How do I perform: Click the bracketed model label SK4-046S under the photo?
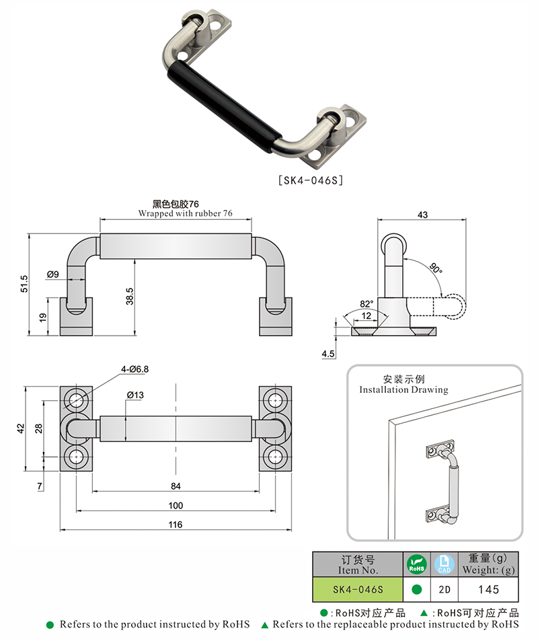(x=311, y=180)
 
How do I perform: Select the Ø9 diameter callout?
(x=53, y=274)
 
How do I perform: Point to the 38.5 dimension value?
(x=130, y=295)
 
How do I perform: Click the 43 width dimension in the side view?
(x=422, y=215)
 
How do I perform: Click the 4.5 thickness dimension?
(x=328, y=352)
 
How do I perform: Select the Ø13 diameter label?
(x=134, y=396)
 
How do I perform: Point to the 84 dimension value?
(x=176, y=486)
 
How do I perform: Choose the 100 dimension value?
(x=176, y=504)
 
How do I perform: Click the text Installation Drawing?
(x=403, y=389)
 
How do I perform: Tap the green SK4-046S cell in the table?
(x=358, y=589)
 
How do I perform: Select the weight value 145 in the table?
(x=488, y=589)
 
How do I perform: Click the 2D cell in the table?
(x=445, y=589)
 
